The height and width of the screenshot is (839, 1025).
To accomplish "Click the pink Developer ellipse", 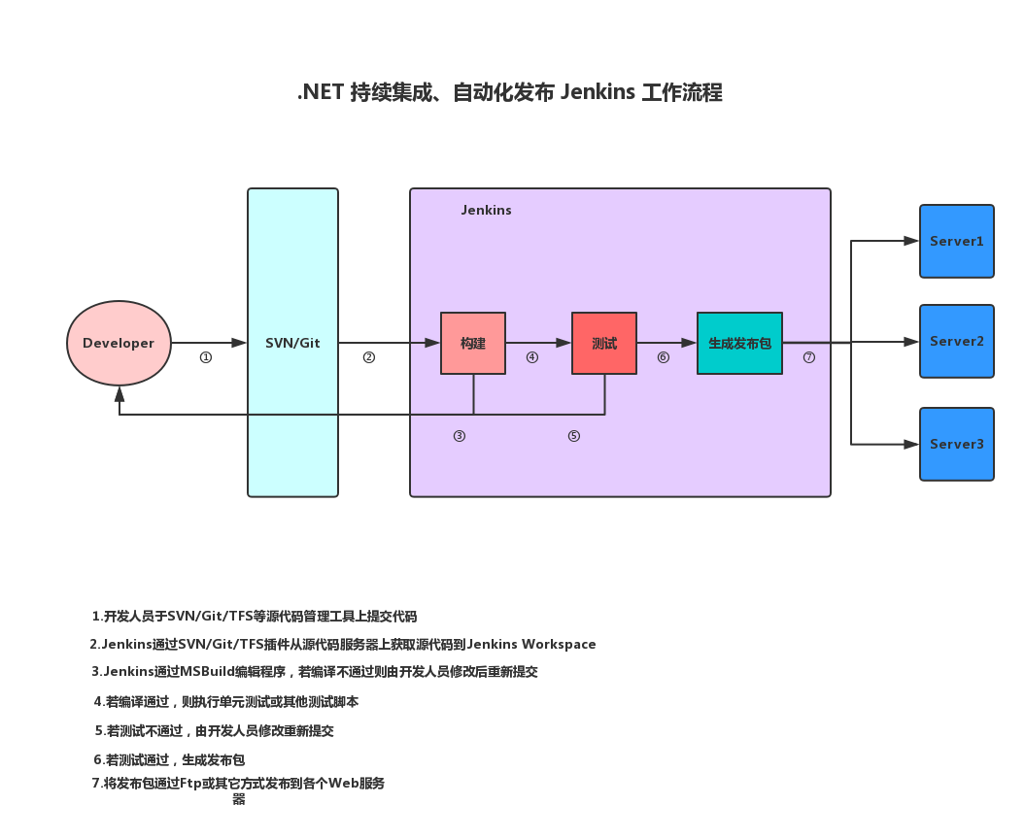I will (119, 343).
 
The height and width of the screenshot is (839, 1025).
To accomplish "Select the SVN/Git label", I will (292, 343).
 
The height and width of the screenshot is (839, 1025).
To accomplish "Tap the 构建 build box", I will (473, 343).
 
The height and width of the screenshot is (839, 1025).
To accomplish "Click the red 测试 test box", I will (604, 343).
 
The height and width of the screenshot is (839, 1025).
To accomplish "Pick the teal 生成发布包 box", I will (739, 343).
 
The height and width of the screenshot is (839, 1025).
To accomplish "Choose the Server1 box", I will (957, 241).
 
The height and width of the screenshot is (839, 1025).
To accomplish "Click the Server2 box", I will (957, 341).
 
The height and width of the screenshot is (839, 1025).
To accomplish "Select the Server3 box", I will (957, 444).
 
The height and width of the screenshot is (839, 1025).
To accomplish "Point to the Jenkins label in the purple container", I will (486, 210).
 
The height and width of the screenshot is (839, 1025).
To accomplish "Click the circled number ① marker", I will (206, 357).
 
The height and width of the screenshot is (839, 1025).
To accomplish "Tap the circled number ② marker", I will (369, 357).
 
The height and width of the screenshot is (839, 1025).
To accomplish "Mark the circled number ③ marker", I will (460, 436).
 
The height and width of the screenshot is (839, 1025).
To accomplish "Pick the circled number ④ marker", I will (532, 357).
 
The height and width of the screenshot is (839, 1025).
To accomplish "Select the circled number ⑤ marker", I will (574, 436).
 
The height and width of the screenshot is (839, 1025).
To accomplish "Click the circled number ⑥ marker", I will (664, 357).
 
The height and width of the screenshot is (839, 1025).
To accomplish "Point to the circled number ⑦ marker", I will (809, 357).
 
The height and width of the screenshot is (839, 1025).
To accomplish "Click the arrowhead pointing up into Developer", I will (119, 394).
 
